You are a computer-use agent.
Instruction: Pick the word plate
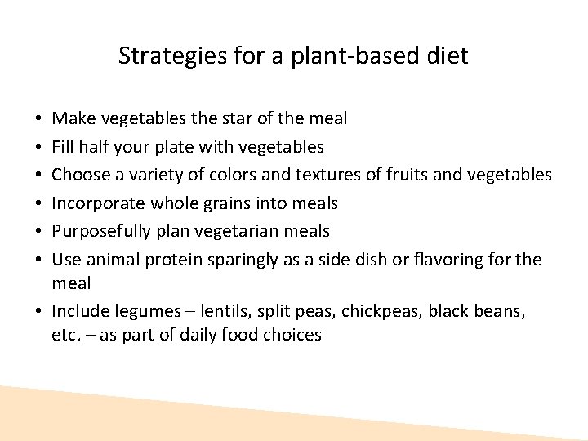click(x=191, y=147)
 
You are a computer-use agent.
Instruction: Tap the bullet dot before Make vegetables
click(x=41, y=119)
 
